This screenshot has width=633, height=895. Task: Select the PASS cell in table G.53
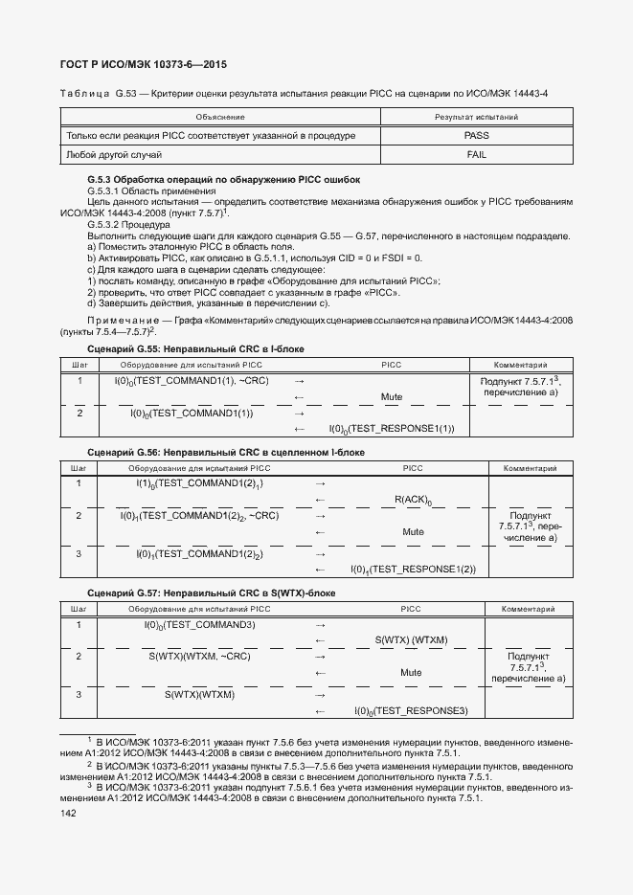476,136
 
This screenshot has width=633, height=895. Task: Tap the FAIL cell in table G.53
476,154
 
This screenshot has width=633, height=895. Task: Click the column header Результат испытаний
476,117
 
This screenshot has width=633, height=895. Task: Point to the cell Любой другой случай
113,154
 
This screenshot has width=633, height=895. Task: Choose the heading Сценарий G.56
226,452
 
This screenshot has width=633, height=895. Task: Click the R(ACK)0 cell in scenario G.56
413,500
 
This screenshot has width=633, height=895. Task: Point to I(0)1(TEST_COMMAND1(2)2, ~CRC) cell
199,516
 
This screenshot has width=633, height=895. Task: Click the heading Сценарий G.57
211,593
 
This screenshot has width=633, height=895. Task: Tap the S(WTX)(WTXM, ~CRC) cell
199,657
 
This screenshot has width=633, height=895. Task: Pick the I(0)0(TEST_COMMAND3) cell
199,625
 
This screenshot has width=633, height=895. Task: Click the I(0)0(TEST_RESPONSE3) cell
410,711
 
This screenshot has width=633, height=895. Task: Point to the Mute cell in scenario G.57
411,673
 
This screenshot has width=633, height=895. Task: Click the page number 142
69,813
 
